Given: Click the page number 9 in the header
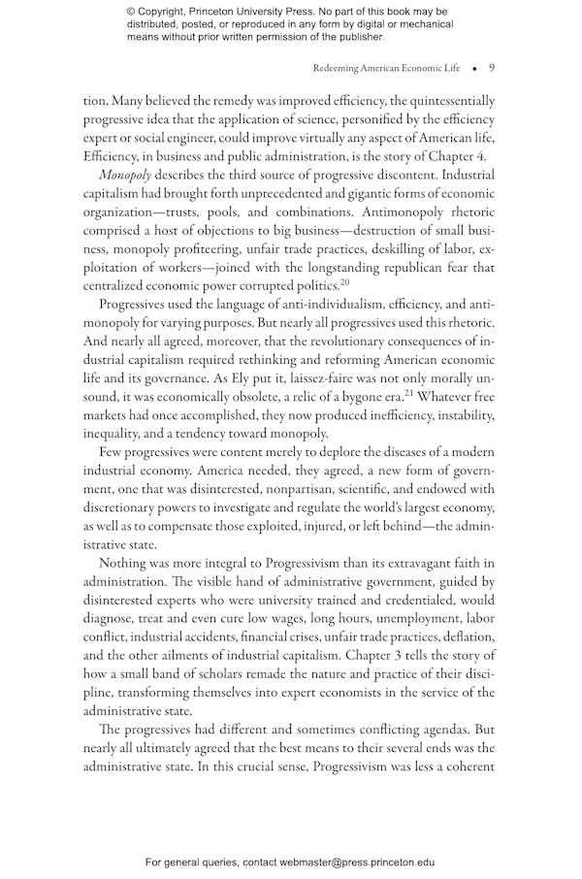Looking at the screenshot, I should tap(492, 69).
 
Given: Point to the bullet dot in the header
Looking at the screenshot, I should tap(474, 69).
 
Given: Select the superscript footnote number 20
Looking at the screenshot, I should tap(343, 282).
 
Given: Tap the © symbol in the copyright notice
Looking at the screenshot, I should tap(131, 12).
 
